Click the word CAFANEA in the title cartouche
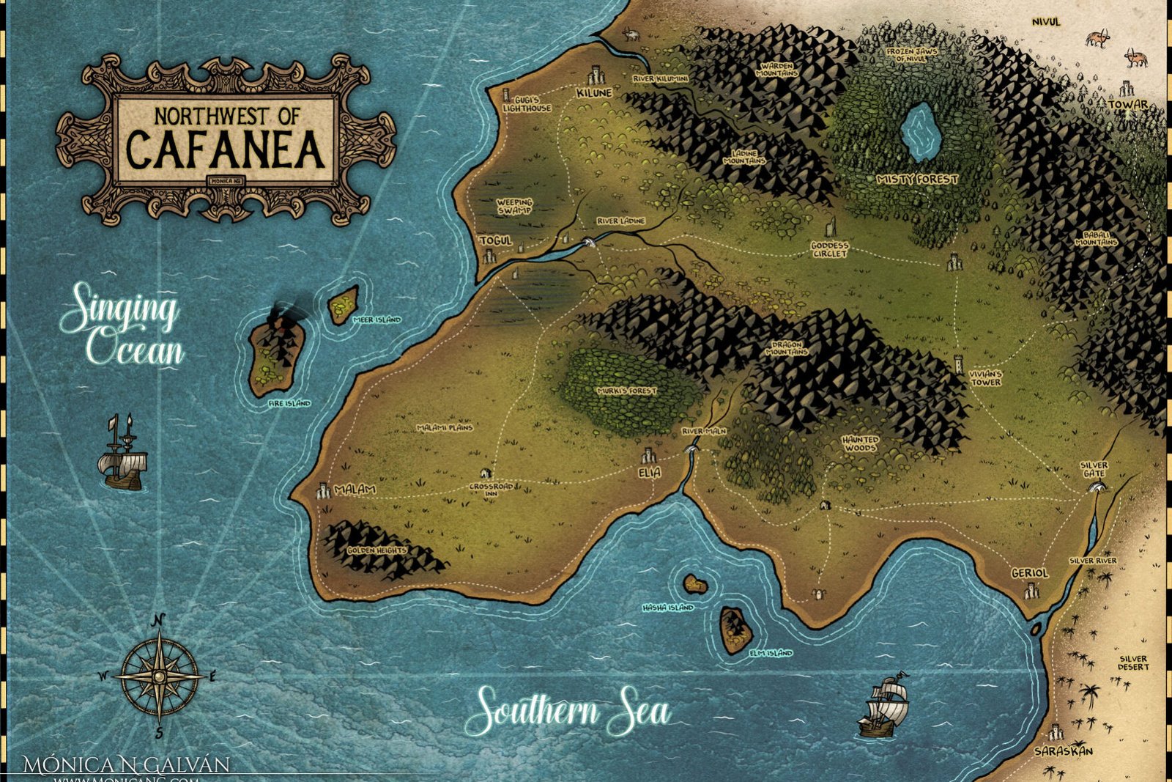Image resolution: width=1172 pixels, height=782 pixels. (226, 149)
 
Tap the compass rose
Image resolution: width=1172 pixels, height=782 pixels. (159, 676)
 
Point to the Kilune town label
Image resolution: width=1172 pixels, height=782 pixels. (593, 93)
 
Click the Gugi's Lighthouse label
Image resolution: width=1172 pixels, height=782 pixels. (527, 104)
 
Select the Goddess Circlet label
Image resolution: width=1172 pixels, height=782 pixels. (829, 250)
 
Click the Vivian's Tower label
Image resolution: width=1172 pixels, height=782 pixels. (985, 378)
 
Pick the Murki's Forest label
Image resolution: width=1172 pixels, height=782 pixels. (627, 391)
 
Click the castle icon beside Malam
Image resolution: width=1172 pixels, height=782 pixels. (323, 490)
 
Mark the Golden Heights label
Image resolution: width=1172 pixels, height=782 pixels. (377, 550)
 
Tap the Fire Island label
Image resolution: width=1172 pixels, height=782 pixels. (289, 404)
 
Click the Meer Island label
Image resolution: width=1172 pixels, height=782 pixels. (377, 320)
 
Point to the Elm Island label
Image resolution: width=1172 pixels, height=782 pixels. (771, 653)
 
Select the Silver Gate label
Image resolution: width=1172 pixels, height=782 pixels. (1094, 470)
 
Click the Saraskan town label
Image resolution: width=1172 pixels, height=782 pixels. (1064, 751)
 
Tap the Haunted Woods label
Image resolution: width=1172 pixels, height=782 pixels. (860, 443)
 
